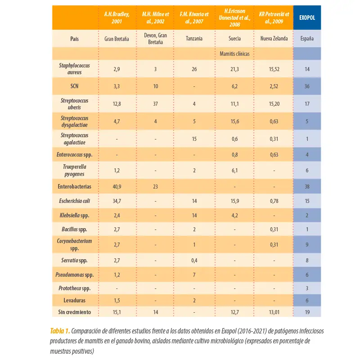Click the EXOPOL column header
[307, 18]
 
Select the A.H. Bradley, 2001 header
[117, 18]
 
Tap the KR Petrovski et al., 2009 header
[274, 18]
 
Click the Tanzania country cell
[194, 38]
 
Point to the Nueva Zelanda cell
[274, 38]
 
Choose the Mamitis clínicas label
[234, 54]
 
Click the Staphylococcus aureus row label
[74, 69]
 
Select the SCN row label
[74, 86]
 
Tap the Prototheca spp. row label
[74, 288]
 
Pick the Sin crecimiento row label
[74, 312]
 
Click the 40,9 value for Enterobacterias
[117, 187]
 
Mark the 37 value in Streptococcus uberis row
[155, 104]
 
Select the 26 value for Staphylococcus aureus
[194, 69]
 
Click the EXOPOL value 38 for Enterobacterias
[307, 187]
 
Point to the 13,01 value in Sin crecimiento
[274, 312]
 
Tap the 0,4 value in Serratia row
[194, 261]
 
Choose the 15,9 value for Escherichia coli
[234, 201]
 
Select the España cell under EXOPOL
[307, 38]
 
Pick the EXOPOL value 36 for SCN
[307, 86]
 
